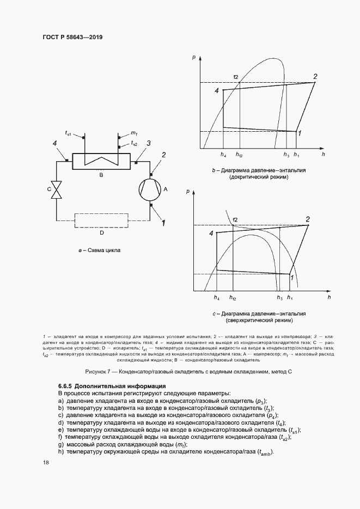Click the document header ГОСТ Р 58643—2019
point(72,38)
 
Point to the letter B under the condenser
point(101,175)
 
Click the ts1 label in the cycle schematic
point(69,132)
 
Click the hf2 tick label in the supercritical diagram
point(233,298)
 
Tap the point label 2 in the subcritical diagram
point(315,76)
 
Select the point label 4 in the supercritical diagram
point(211,233)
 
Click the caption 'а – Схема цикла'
point(100,251)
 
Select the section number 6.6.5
point(68,386)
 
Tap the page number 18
point(46,462)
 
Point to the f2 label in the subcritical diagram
point(236,76)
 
